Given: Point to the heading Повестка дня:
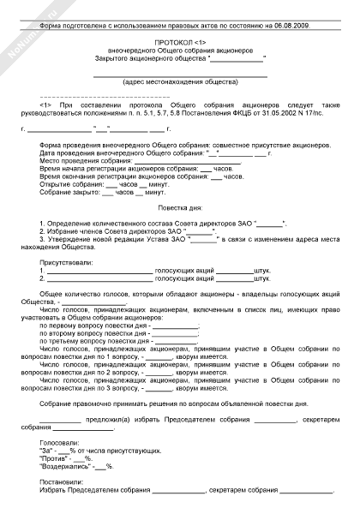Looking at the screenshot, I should [x=180, y=209].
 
